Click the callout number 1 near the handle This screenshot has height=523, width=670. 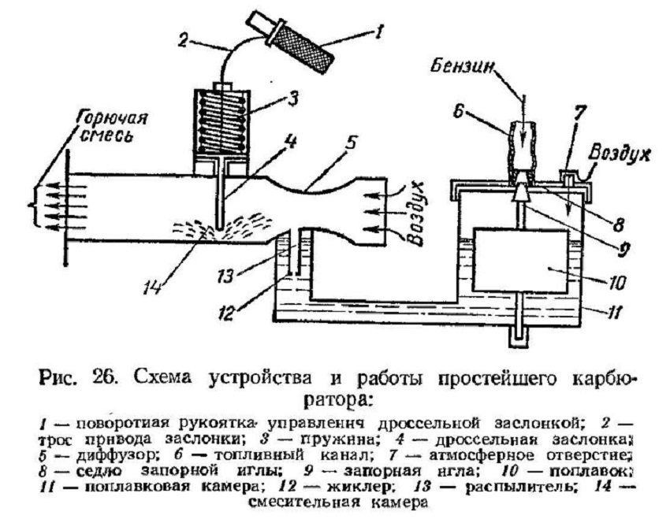[x=379, y=32]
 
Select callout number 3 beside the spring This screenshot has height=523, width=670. [x=293, y=100]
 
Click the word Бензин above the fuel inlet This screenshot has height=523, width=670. [x=463, y=67]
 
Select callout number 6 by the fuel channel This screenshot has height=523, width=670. [x=459, y=113]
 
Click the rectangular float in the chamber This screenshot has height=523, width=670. [x=521, y=261]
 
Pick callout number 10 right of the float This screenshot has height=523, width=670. [x=616, y=283]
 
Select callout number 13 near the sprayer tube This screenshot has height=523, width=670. [x=226, y=276]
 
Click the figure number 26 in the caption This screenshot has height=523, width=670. [x=104, y=377]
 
